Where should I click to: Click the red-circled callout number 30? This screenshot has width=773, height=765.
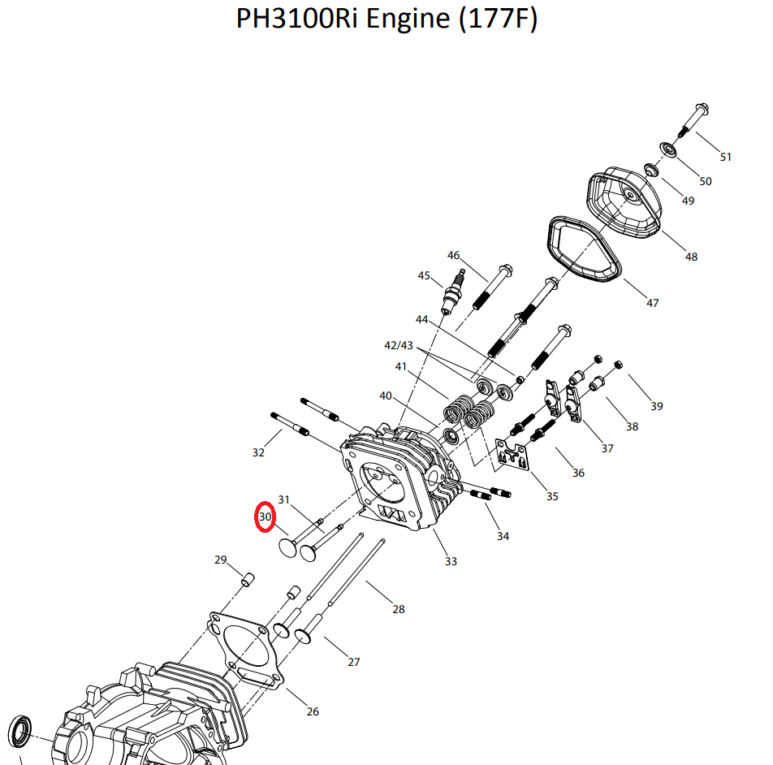(265, 516)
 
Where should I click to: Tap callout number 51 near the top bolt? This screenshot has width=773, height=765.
(726, 157)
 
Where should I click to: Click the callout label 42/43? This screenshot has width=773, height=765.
(399, 345)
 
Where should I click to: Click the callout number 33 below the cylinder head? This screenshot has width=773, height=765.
(451, 561)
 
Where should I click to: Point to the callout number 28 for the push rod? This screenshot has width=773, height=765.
(399, 609)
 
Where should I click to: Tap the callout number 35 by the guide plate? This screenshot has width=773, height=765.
(552, 496)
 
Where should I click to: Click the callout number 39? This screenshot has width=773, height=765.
(656, 406)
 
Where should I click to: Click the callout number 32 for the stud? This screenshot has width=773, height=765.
(258, 452)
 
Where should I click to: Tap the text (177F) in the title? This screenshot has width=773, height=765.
(498, 19)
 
